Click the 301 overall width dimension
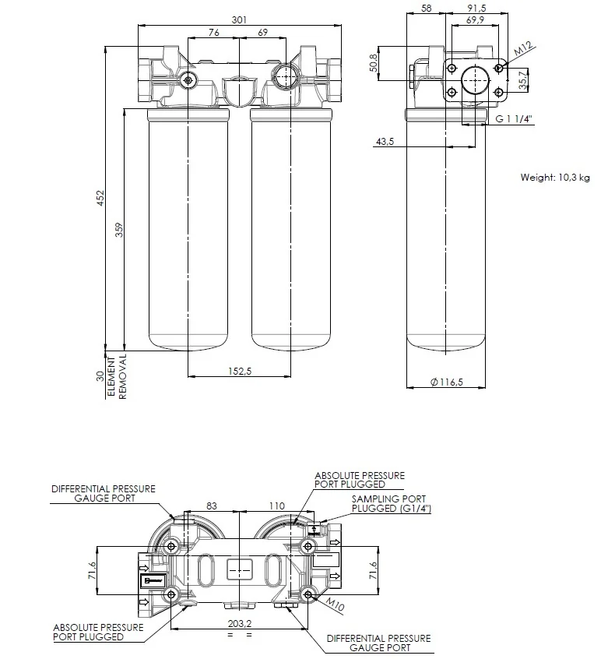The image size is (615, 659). click(x=239, y=19)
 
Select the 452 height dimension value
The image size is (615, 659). click(x=100, y=198)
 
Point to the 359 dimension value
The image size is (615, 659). click(x=119, y=230)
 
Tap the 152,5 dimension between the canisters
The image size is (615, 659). click(x=240, y=371)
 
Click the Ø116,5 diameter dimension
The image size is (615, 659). click(x=447, y=382)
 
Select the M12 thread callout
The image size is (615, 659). click(x=523, y=48)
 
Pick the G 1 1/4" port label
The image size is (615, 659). click(x=514, y=119)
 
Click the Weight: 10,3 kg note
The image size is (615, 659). click(x=555, y=178)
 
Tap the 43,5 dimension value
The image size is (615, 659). click(x=385, y=142)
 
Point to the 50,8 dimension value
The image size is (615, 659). click(x=374, y=63)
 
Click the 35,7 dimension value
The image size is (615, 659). click(x=522, y=80)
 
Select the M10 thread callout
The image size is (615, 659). click(x=336, y=604)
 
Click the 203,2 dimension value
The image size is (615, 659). click(x=240, y=624)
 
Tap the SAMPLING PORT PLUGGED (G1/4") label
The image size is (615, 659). click(x=392, y=503)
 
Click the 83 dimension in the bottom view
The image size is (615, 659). click(x=212, y=506)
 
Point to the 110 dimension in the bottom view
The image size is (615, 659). click(x=277, y=506)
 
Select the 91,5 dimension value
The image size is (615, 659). click(x=476, y=8)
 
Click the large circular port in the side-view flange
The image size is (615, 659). click(x=475, y=80)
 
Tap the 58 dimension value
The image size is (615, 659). click(x=426, y=8)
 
